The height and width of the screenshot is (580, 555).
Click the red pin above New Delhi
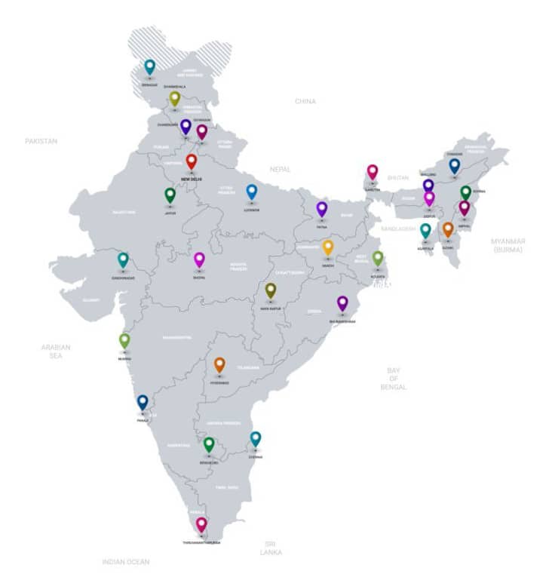pos(192,161)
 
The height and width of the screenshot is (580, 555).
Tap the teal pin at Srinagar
pos(150,66)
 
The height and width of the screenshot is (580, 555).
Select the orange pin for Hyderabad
pos(219,364)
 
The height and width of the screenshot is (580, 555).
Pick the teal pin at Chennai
pos(256,437)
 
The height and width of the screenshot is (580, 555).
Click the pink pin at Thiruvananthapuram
pos(201,523)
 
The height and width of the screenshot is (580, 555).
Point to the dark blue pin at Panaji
pos(143,401)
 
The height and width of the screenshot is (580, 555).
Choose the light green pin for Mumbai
pos(124,340)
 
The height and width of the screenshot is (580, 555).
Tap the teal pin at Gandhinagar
pos(123,259)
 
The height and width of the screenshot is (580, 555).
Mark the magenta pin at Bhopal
pos(199,259)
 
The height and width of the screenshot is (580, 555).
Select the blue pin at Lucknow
pos(252,192)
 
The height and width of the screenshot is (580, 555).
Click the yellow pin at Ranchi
pos(328,247)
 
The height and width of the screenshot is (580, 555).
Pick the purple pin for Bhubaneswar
pos(342,302)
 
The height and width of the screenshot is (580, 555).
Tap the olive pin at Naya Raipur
pos(271,290)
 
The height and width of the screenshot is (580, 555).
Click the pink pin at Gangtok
pos(373,171)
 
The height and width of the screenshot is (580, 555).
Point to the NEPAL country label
pos(280,170)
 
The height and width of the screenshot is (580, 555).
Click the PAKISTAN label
pos(41,141)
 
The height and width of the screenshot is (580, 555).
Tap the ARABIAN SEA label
pos(56,351)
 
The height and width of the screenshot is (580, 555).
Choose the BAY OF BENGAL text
pos(393,379)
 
